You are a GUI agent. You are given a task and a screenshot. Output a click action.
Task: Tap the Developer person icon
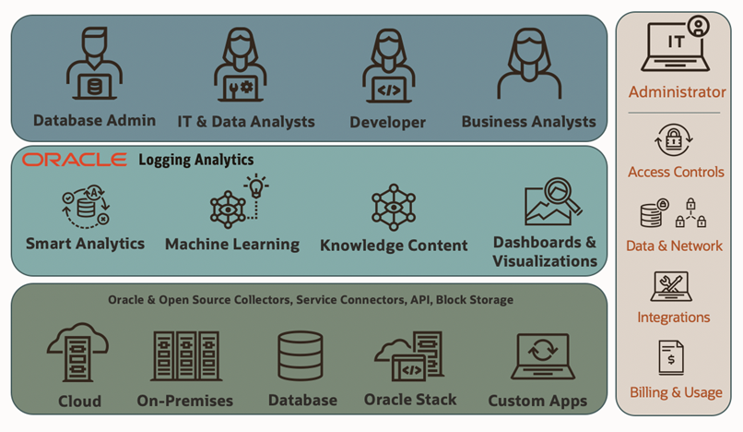click(x=387, y=66)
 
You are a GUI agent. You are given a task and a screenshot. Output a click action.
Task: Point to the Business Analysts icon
click(x=529, y=66)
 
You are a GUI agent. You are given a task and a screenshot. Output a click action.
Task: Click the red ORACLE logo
click(x=75, y=160)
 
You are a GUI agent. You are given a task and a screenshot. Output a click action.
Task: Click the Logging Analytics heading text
click(x=195, y=160)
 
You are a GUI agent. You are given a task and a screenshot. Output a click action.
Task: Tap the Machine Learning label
click(x=231, y=245)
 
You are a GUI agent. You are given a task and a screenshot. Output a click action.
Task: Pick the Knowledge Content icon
click(x=394, y=207)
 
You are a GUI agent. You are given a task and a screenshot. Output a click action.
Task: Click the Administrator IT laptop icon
click(x=677, y=44)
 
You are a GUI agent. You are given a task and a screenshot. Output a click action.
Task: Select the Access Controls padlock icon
click(x=676, y=141)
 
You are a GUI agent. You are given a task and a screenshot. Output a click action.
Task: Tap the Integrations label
click(x=674, y=317)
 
